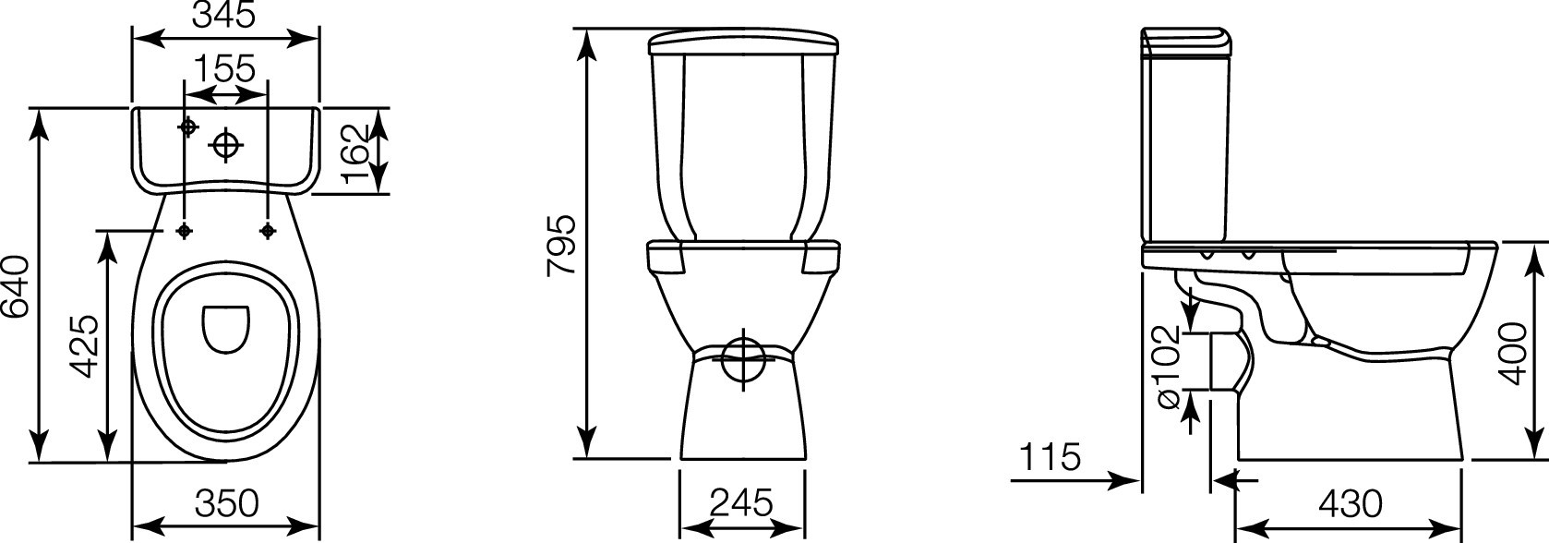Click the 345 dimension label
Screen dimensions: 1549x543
(224, 14)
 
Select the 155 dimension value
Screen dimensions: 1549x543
(224, 68)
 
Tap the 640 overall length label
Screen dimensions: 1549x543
(15, 286)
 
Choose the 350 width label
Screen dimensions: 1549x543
(226, 503)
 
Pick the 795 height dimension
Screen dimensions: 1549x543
(560, 246)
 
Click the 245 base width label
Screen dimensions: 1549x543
(741, 502)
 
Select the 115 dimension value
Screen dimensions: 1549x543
(1050, 457)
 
